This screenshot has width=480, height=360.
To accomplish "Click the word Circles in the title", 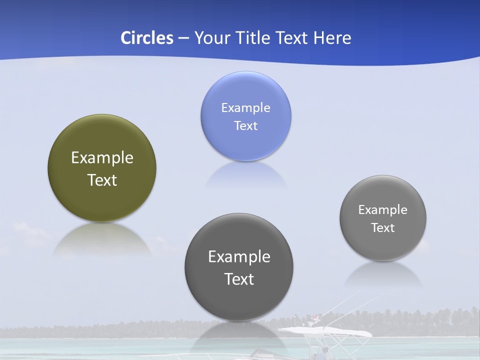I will (147, 37).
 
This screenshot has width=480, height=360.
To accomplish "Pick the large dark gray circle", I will (239, 300).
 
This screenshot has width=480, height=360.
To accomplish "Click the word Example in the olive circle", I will (102, 158).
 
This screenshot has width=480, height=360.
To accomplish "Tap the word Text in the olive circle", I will (102, 180).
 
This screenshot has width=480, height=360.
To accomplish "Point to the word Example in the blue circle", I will (245, 108).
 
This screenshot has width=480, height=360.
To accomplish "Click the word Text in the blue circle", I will (245, 125).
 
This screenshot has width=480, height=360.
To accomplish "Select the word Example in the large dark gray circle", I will (239, 257).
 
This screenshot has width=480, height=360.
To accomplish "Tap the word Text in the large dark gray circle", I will (239, 279).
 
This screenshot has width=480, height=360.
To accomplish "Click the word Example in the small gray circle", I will (383, 210).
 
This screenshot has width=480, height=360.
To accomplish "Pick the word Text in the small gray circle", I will (383, 228).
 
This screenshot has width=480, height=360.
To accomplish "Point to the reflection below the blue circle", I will (245, 175).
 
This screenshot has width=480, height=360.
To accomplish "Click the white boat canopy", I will (325, 331).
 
